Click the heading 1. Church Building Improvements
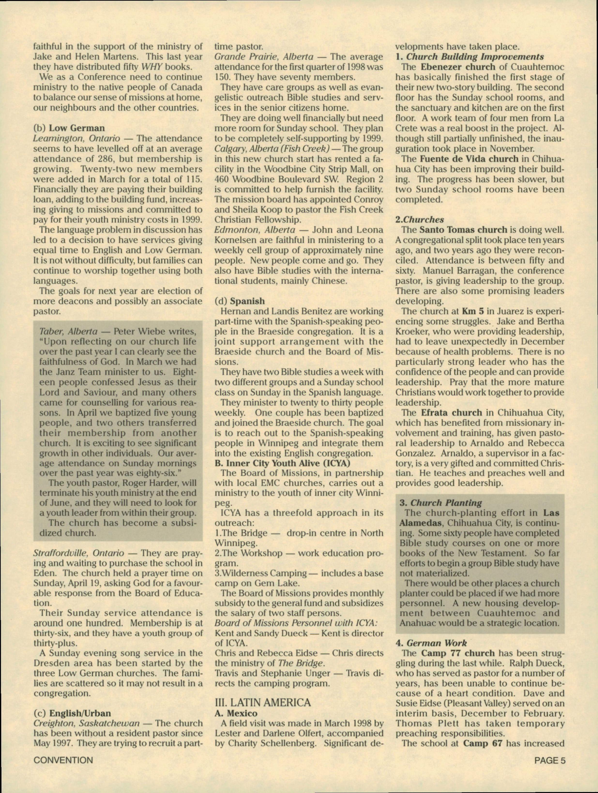470,57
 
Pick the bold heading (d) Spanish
239,301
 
